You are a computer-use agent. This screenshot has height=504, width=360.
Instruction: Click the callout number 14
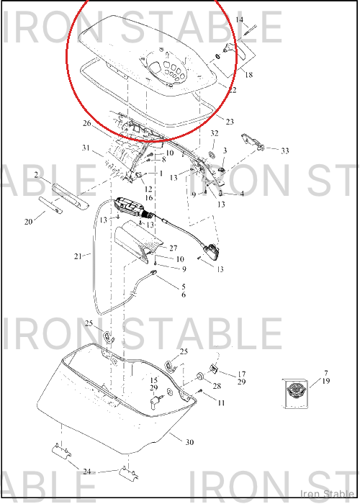pos(240,20)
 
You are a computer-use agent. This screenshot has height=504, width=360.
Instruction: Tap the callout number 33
pos(285,150)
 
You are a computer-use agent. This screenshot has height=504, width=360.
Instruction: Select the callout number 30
pos(189,442)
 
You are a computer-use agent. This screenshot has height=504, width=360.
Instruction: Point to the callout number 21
pos(78,256)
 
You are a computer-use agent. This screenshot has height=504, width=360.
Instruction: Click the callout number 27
pos(174,248)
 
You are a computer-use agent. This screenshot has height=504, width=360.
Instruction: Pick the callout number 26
pos(87,123)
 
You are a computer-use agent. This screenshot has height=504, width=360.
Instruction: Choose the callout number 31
pos(86,148)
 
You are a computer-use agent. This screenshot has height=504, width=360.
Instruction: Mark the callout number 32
pos(215,133)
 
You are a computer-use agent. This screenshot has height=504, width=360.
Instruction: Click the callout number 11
pos(221,402)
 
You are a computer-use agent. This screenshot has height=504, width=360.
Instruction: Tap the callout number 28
pos(217,386)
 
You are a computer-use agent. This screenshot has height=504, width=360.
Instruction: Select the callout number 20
pos(28,222)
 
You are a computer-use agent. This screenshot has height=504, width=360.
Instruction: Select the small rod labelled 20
pos(50,204)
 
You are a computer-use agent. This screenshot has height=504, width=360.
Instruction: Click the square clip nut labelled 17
pos(215,369)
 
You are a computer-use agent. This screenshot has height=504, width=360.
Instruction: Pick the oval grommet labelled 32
pos(212,155)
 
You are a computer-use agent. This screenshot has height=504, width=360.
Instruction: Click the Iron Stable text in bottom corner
pos(327,494)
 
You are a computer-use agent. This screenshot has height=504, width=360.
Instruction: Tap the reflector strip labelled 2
pos(70,196)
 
